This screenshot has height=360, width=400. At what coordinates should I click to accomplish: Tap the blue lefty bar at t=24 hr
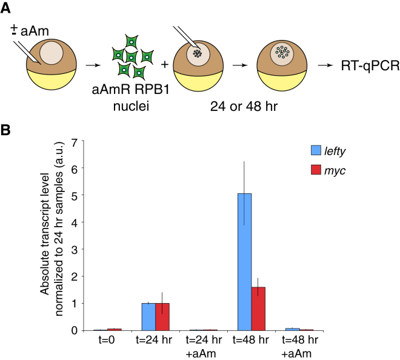click(x=148, y=316)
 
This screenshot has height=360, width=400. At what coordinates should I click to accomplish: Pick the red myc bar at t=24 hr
click(x=163, y=316)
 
